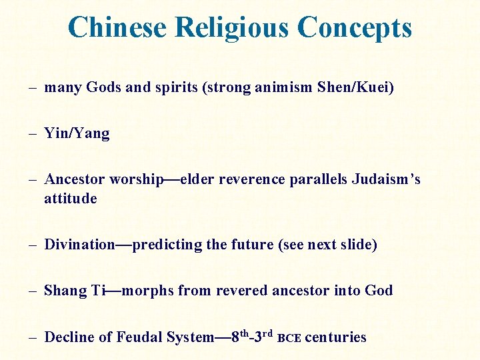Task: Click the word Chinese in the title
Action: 117,27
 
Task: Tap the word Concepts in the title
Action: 355,27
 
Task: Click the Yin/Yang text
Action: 77,133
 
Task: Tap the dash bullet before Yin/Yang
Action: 33,133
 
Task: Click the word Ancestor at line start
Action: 75,179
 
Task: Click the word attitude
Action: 71,199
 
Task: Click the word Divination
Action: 79,245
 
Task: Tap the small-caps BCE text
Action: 289,338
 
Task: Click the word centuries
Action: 335,337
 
